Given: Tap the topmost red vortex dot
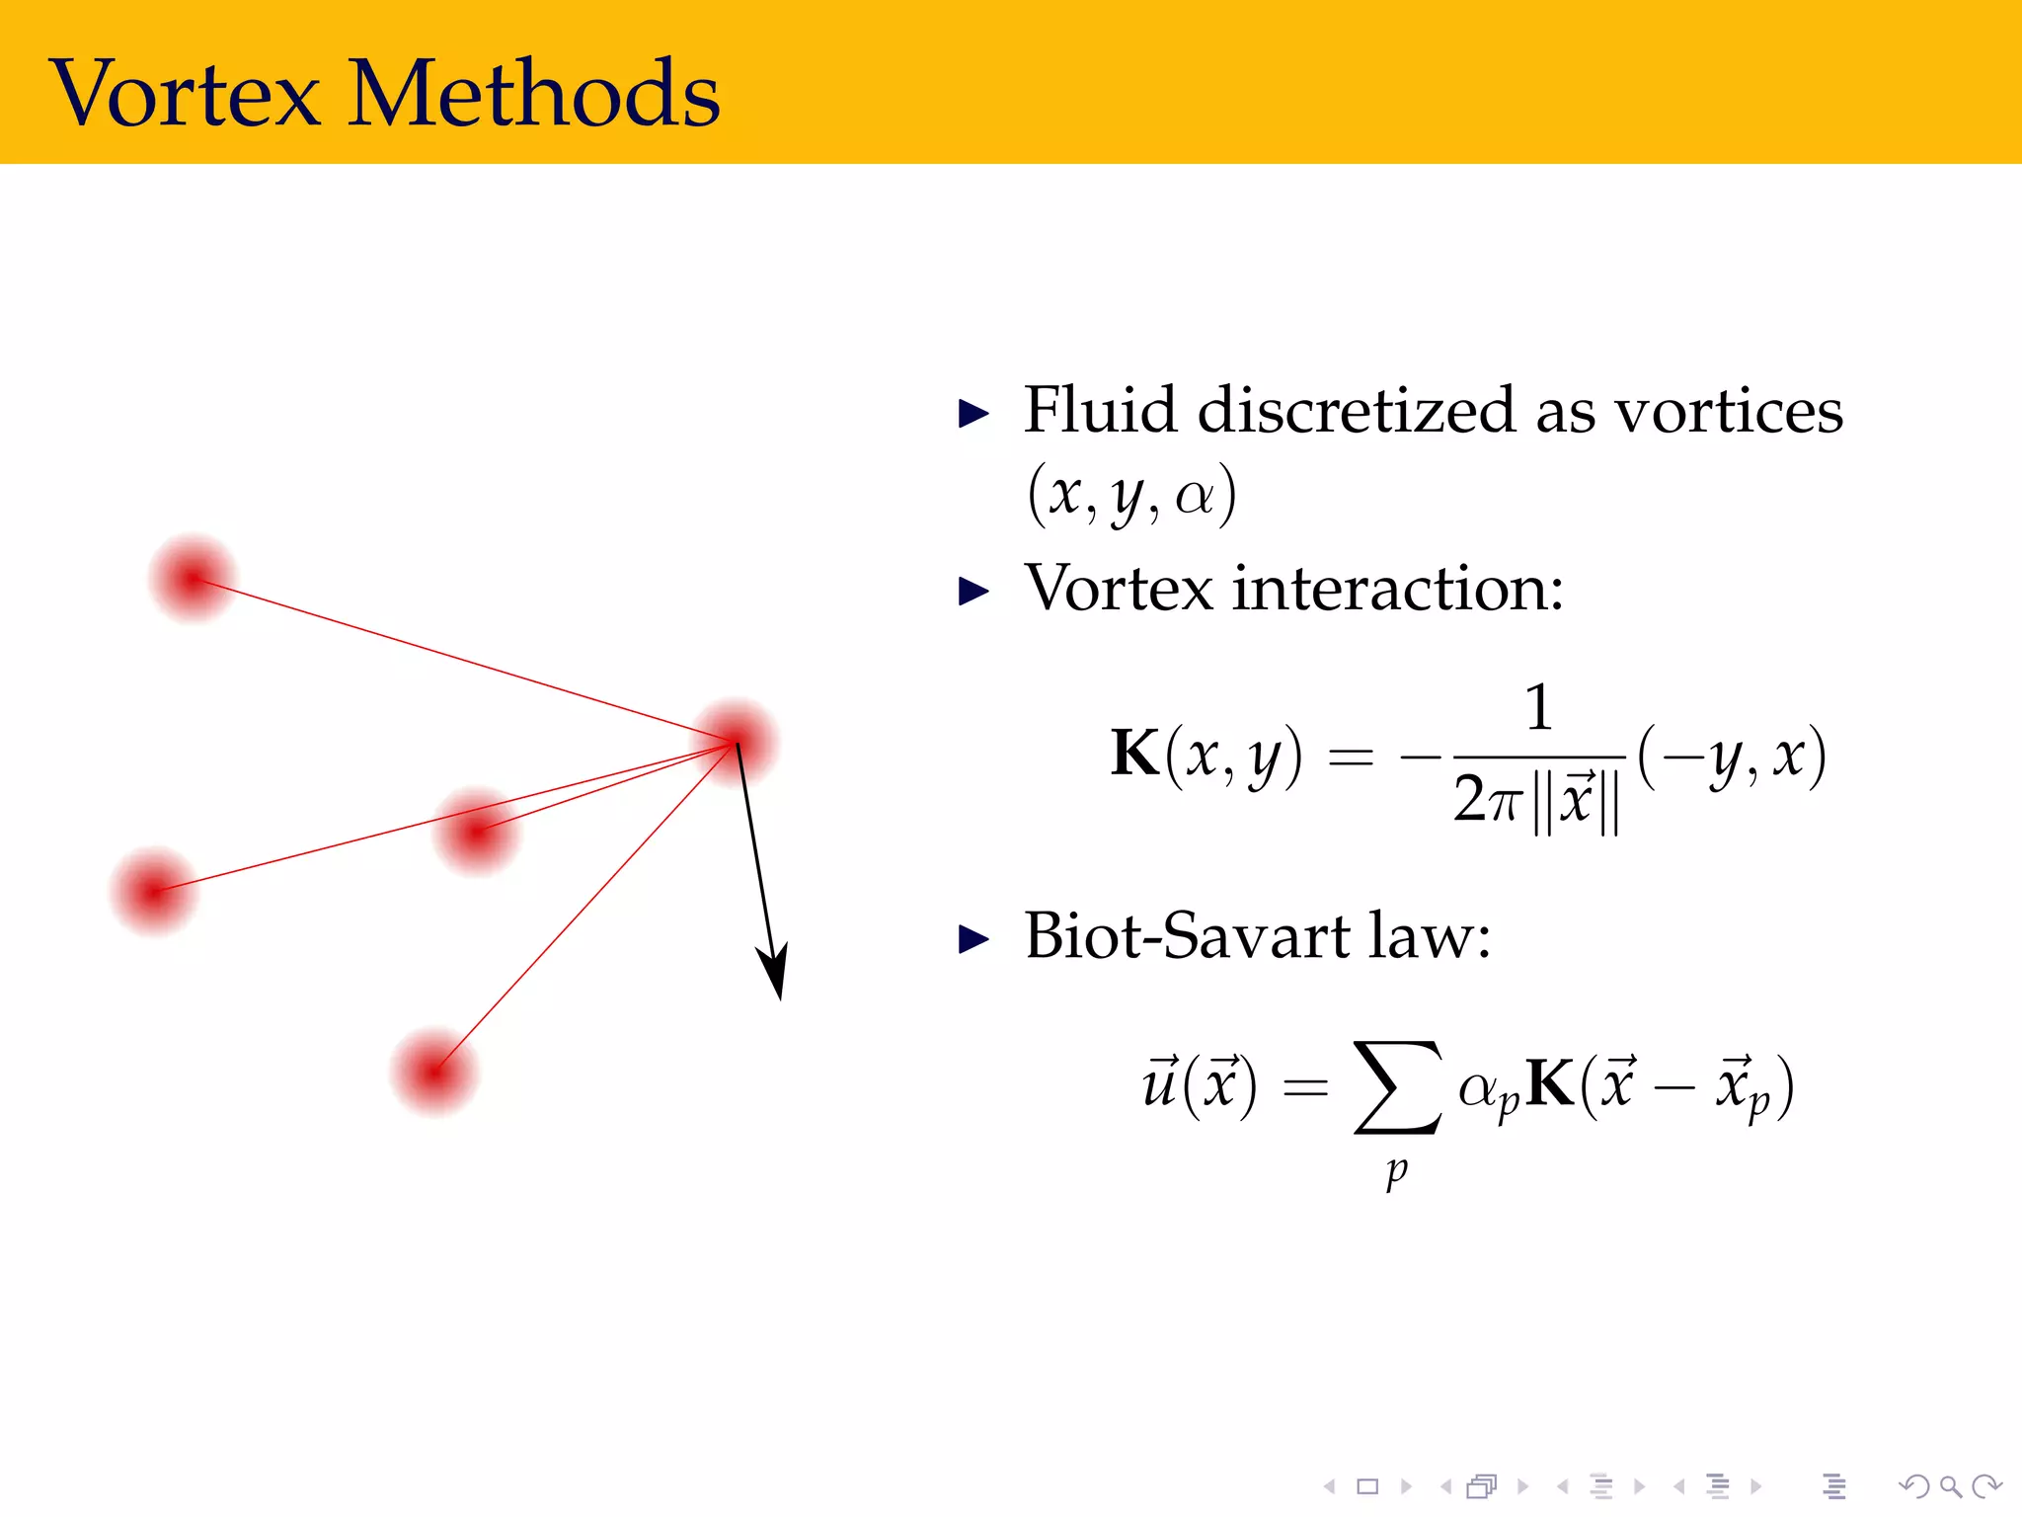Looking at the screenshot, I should pyautogui.click(x=193, y=579).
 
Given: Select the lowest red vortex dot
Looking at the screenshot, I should pyautogui.click(x=433, y=1073).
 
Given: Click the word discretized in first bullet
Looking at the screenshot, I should pyautogui.click(x=1355, y=410).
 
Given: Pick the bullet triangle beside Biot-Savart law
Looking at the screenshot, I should pyautogui.click(x=973, y=939).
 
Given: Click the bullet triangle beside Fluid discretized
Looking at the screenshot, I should pyautogui.click(x=973, y=414).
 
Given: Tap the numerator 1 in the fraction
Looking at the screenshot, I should pyautogui.click(x=1538, y=707).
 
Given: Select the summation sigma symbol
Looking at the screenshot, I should pyautogui.click(x=1396, y=1086).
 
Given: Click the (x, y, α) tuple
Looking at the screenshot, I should pyautogui.click(x=1131, y=494).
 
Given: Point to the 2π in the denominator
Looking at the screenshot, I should pyautogui.click(x=1486, y=800).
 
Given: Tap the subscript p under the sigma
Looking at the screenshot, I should pyautogui.click(x=1396, y=1171).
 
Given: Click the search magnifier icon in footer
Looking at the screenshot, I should pyautogui.click(x=1950, y=1486).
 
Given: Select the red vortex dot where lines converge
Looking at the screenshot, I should pyautogui.click(x=736, y=742).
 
